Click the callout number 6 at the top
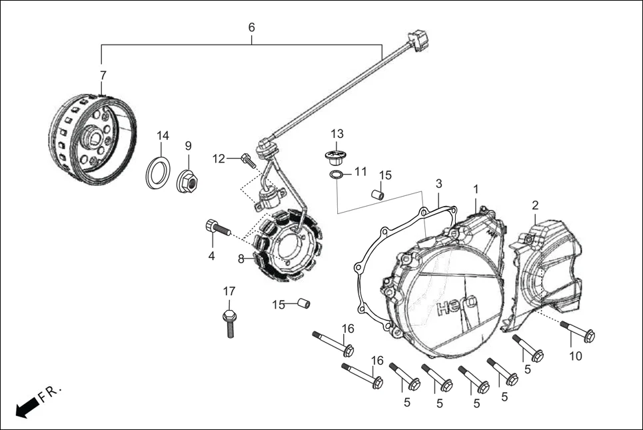[251, 27]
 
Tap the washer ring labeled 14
[157, 173]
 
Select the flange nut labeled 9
[187, 181]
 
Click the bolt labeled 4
[219, 229]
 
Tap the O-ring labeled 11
[338, 175]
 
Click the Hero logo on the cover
[457, 307]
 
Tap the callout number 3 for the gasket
[439, 183]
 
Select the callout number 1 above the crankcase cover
[476, 189]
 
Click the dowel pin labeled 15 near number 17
[303, 304]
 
